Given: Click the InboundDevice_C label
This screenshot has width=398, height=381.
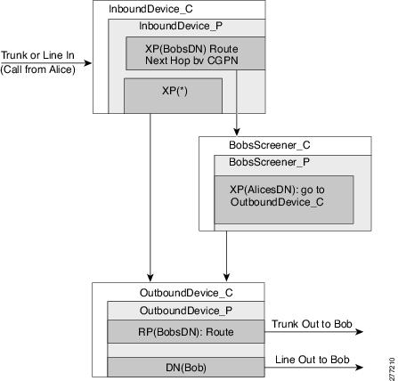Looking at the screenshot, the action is point(150,9).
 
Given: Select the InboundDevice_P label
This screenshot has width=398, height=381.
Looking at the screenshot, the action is point(181,26).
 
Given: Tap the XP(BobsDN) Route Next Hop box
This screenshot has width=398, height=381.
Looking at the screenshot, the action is point(195,53).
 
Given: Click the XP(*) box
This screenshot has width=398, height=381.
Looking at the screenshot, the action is point(173,96).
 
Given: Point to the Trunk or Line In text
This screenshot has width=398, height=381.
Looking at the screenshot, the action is point(37,55).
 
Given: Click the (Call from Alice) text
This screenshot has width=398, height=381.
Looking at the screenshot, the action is point(37,69).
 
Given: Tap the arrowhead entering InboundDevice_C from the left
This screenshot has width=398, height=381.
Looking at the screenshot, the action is point(88,63).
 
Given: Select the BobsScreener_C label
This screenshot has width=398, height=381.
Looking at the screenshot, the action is point(270,145).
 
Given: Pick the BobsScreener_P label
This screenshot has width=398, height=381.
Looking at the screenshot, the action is point(269,162).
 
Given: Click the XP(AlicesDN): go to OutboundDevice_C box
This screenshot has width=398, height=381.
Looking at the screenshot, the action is point(284,199).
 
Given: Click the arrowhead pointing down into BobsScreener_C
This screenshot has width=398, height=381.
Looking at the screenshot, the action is point(237,132).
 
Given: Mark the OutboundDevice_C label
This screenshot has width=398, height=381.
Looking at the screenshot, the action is point(186,293).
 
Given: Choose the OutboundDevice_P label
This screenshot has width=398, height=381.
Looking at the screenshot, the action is point(186,311).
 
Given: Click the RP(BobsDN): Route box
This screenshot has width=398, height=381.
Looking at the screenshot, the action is point(186,331).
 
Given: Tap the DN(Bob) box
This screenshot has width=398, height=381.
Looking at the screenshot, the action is point(186,367).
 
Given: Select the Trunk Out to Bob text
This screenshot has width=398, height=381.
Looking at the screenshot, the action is point(312,324).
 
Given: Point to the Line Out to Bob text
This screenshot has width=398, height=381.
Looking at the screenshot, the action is point(313,360).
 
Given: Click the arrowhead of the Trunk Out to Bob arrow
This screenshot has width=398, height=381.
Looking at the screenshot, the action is point(360,332).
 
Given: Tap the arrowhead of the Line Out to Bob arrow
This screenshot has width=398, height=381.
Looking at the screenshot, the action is point(360,368).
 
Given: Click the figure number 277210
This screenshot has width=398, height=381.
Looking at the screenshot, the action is point(393,368).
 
